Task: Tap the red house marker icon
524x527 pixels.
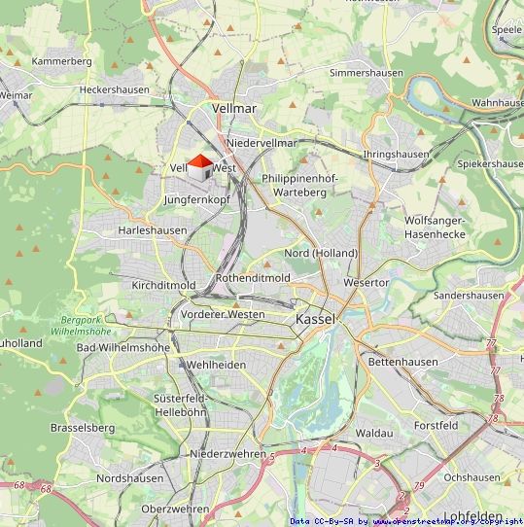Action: click(199, 166)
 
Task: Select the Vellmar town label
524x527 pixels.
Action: click(234, 109)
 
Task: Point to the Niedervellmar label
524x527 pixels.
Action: click(262, 143)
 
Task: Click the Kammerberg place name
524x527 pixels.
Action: click(61, 61)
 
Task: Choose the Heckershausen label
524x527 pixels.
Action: click(115, 89)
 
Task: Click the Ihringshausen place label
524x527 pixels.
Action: click(396, 155)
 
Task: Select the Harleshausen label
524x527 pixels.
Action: click(152, 230)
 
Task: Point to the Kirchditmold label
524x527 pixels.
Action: click(163, 285)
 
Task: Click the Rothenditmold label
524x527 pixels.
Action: click(253, 277)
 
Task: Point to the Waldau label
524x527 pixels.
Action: click(374, 432)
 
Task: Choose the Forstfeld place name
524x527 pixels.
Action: click(436, 425)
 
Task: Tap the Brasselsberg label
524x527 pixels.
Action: click(83, 427)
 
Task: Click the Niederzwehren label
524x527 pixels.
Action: click(228, 454)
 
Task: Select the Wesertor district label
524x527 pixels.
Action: click(367, 282)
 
